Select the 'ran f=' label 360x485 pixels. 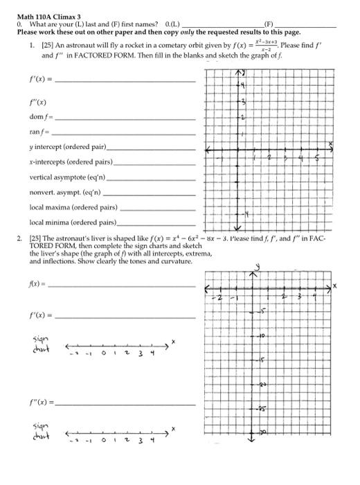[39, 132]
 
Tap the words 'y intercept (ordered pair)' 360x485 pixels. [67, 147]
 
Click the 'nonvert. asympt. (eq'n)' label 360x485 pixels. [65, 192]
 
